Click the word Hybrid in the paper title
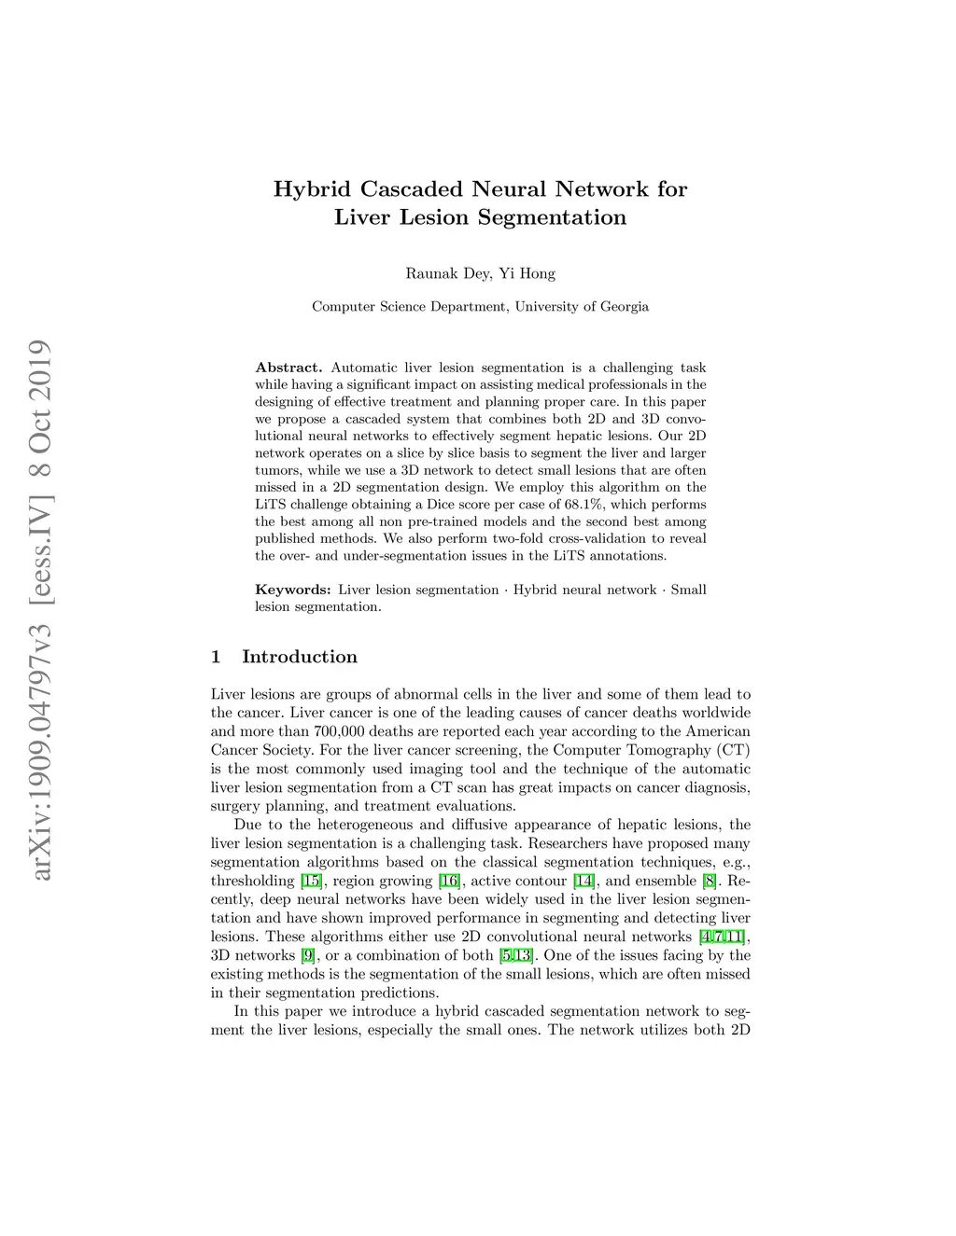313,189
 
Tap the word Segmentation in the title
552,218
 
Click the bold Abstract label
288,368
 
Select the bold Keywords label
292,590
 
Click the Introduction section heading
300,657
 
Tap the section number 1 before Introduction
216,657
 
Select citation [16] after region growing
449,881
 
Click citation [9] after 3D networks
307,955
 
